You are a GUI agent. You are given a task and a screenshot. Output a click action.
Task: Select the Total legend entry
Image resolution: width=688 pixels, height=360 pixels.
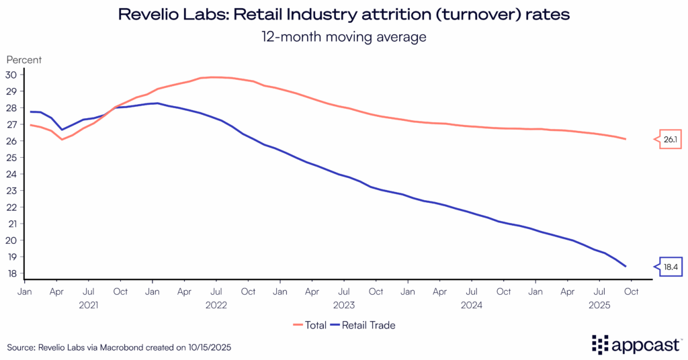click(310, 325)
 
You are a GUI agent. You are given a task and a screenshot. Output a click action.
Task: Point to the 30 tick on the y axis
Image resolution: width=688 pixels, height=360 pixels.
click(12, 75)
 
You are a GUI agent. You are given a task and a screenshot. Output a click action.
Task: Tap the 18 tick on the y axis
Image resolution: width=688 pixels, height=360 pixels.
click(12, 273)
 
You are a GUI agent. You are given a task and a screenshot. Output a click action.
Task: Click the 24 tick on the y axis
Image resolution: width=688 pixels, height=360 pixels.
click(12, 174)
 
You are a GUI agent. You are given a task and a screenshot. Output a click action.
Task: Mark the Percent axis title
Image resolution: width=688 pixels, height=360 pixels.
click(24, 60)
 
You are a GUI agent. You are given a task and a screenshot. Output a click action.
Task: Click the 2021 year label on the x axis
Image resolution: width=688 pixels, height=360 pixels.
click(88, 304)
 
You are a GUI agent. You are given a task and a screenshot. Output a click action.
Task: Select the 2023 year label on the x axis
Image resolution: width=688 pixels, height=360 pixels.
click(343, 304)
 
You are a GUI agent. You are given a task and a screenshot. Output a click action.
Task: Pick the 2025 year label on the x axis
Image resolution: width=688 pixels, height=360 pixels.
click(599, 304)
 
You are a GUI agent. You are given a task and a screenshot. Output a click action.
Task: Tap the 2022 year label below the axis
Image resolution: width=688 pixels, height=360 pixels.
click(216, 304)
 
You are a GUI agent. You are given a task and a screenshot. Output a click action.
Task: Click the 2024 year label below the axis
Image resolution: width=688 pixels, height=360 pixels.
click(472, 304)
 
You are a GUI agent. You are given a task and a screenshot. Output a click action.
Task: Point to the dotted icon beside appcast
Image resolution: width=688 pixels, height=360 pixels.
click(599, 344)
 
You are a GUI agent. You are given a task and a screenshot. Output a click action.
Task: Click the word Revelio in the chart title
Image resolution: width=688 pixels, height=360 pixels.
click(146, 14)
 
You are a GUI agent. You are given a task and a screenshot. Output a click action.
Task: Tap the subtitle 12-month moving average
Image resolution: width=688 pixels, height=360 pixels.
click(344, 36)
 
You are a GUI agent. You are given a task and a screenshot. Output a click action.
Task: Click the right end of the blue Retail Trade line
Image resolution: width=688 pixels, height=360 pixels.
click(626, 266)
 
